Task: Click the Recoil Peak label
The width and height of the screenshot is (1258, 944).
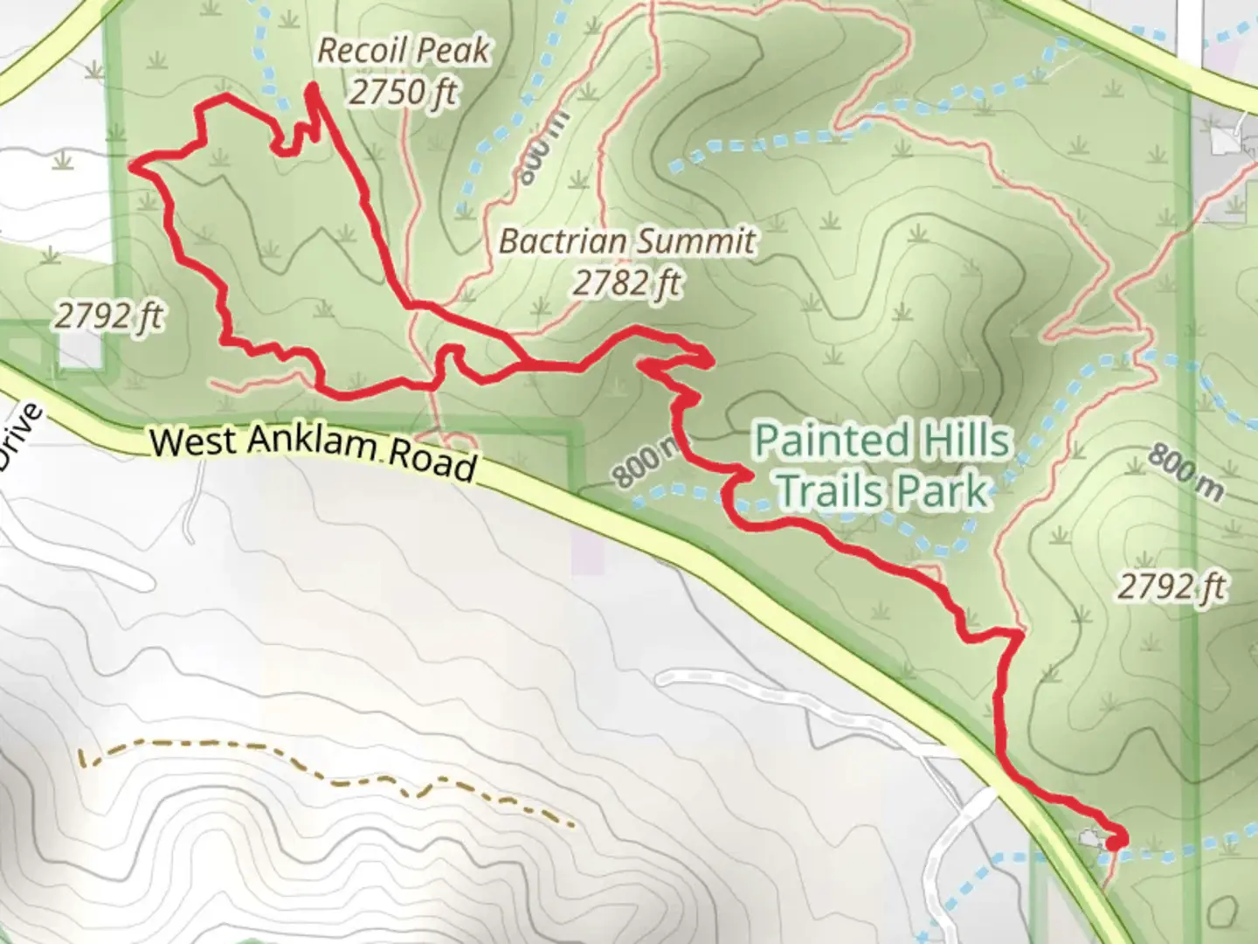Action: pos(403,51)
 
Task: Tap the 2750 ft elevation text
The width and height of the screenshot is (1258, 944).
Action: pos(403,91)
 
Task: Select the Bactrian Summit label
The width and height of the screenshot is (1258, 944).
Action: pos(626,241)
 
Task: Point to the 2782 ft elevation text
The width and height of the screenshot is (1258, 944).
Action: pos(626,282)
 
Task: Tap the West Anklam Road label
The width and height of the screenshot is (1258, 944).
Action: pos(313,450)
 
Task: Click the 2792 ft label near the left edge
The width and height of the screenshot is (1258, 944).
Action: pos(108,315)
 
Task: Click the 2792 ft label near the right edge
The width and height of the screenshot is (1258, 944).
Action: pos(1172,587)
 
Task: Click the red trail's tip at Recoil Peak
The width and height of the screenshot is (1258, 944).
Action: pos(312,87)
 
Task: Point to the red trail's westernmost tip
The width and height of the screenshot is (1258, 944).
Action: pos(132,163)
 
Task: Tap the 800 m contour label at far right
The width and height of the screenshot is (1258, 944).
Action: pos(1185,473)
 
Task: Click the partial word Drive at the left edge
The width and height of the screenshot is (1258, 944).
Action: pos(19,437)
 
